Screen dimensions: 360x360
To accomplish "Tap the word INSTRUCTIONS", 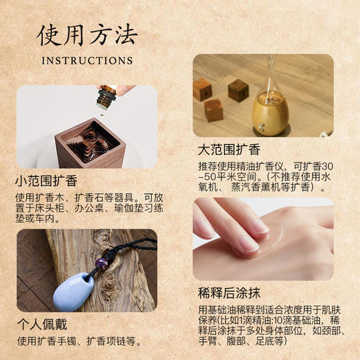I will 87,60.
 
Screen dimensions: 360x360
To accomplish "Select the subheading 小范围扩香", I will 46,181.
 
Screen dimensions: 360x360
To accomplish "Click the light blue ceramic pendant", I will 72,291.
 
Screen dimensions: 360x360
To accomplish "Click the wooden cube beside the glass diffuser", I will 238,90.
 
